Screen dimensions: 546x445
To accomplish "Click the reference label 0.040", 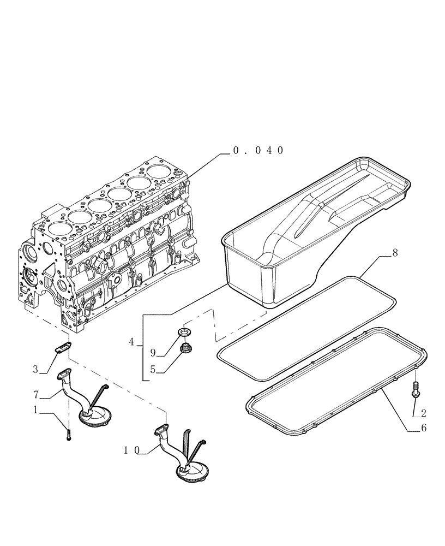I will pos(258,151).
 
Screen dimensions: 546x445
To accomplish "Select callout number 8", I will pos(394,253).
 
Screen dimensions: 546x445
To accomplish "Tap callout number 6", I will pos(423,429).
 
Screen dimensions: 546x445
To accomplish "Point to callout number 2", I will pos(423,413).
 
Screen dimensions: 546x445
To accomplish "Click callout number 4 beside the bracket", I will pos(132,342).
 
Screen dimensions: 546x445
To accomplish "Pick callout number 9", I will pos(153,353).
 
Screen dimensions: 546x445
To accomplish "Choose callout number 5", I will pos(153,369).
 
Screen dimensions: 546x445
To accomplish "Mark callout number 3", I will pos(36,370).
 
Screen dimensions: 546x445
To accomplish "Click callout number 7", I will pos(36,393).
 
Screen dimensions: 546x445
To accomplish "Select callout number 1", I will pos(36,410).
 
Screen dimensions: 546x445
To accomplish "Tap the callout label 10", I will pos(131,450).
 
